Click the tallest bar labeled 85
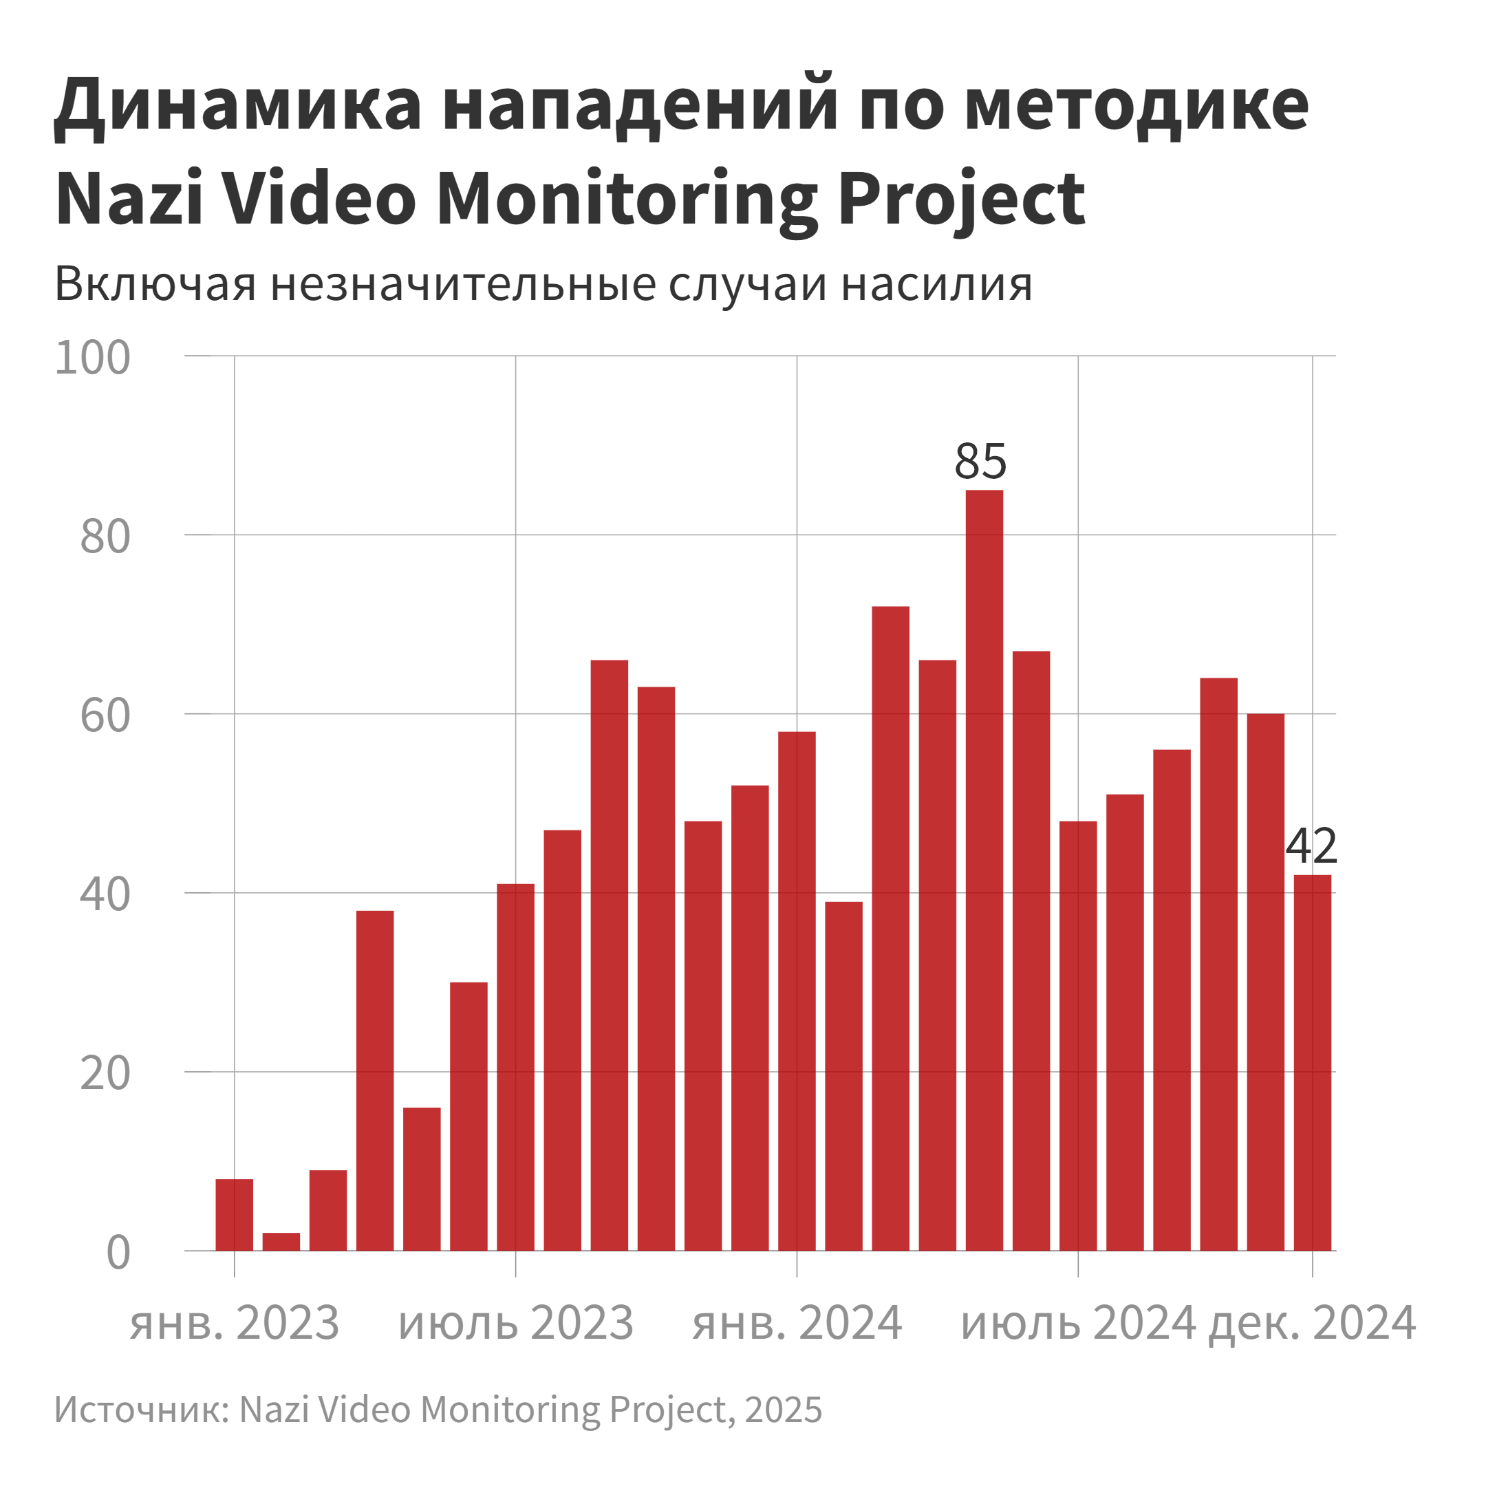click(984, 830)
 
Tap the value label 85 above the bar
click(980, 462)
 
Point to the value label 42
click(1311, 847)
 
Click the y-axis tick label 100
click(92, 358)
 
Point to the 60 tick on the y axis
click(105, 716)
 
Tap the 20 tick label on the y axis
click(105, 1074)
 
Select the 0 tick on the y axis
click(118, 1253)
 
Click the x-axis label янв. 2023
click(234, 1324)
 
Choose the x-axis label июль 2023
click(515, 1324)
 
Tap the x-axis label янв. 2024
click(797, 1324)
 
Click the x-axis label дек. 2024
click(1312, 1324)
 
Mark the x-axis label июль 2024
click(1077, 1324)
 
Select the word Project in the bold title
click(962, 200)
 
